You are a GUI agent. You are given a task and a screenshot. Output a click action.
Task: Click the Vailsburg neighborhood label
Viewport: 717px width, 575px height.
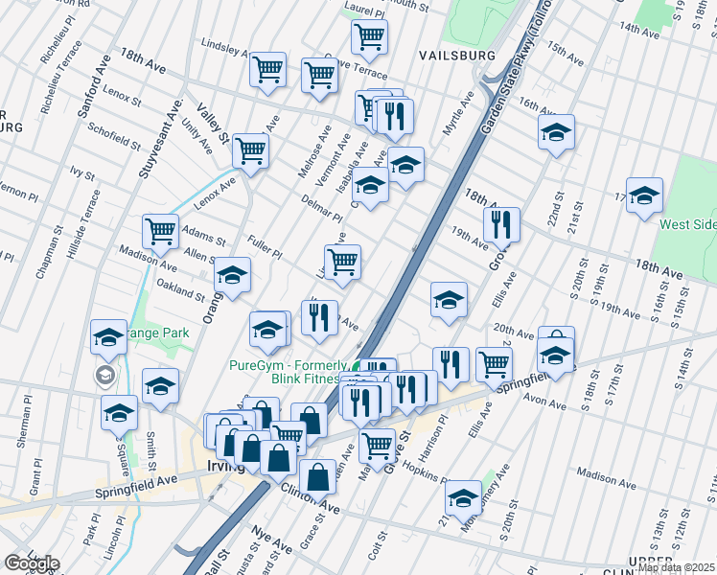pyautogui.click(x=457, y=56)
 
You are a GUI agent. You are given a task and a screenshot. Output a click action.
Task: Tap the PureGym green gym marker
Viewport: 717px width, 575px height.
pyautogui.click(x=357, y=367)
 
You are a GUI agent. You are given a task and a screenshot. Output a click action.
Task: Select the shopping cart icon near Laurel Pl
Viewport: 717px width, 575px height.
pyautogui.click(x=369, y=37)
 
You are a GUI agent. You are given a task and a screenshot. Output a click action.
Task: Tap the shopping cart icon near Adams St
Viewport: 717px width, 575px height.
pyautogui.click(x=160, y=230)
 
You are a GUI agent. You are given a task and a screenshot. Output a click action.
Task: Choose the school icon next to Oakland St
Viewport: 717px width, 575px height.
pyautogui.click(x=231, y=275)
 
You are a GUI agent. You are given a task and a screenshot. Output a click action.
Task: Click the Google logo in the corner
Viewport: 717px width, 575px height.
pyautogui.click(x=32, y=563)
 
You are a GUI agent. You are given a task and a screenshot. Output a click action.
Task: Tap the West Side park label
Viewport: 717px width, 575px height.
pyautogui.click(x=687, y=224)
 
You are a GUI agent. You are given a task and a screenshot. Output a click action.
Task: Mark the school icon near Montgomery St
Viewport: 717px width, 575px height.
pyautogui.click(x=463, y=497)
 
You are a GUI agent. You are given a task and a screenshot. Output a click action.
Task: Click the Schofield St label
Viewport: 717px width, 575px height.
pyautogui.click(x=114, y=135)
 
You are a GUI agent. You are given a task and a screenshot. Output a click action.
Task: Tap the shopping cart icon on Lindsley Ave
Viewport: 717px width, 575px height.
pyautogui.click(x=267, y=69)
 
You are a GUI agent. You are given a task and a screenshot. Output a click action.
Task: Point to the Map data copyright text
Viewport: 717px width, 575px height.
pyautogui.click(x=675, y=567)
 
